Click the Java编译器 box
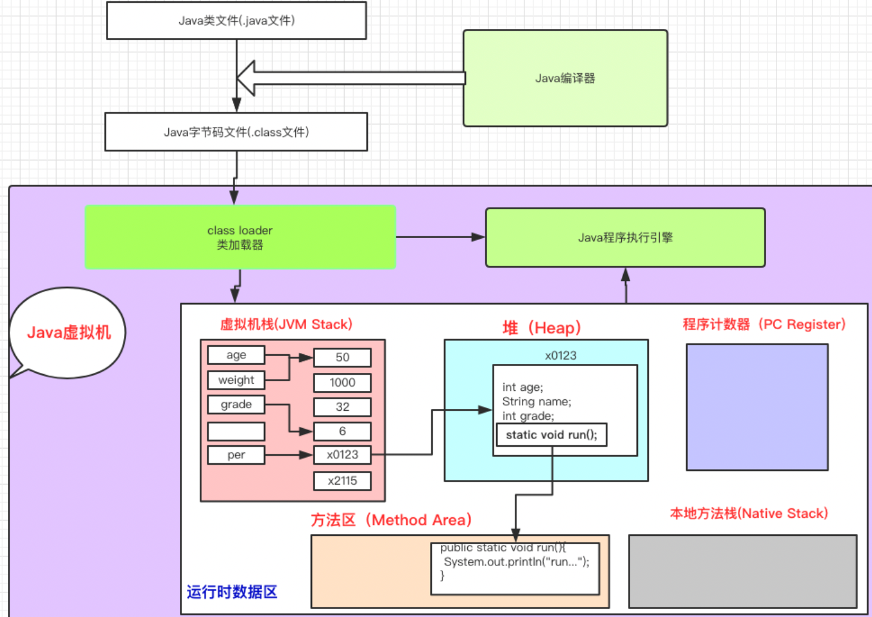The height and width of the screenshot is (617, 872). point(565,78)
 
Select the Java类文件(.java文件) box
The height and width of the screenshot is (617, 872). point(236,20)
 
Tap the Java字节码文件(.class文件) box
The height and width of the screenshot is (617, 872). point(236,132)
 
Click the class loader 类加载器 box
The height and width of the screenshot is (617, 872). point(240,237)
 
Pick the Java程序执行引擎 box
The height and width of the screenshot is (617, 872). point(625,238)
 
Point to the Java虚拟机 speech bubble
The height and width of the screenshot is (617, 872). point(69,333)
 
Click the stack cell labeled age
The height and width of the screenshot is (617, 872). point(236,355)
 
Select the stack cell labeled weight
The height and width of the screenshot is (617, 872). point(236,380)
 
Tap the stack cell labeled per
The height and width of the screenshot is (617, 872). point(236,455)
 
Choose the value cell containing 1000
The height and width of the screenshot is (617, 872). point(342,382)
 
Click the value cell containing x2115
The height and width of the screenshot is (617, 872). point(342,480)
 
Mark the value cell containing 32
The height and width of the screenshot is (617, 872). point(342,407)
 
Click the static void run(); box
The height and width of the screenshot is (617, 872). point(551,435)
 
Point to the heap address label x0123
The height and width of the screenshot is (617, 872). point(560,355)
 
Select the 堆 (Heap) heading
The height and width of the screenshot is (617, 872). point(542,328)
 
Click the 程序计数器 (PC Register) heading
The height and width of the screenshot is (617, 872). point(764,325)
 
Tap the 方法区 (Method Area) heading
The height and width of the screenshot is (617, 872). point(391,520)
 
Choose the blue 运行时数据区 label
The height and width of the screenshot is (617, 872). point(232,592)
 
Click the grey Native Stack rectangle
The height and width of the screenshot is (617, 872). point(743,571)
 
